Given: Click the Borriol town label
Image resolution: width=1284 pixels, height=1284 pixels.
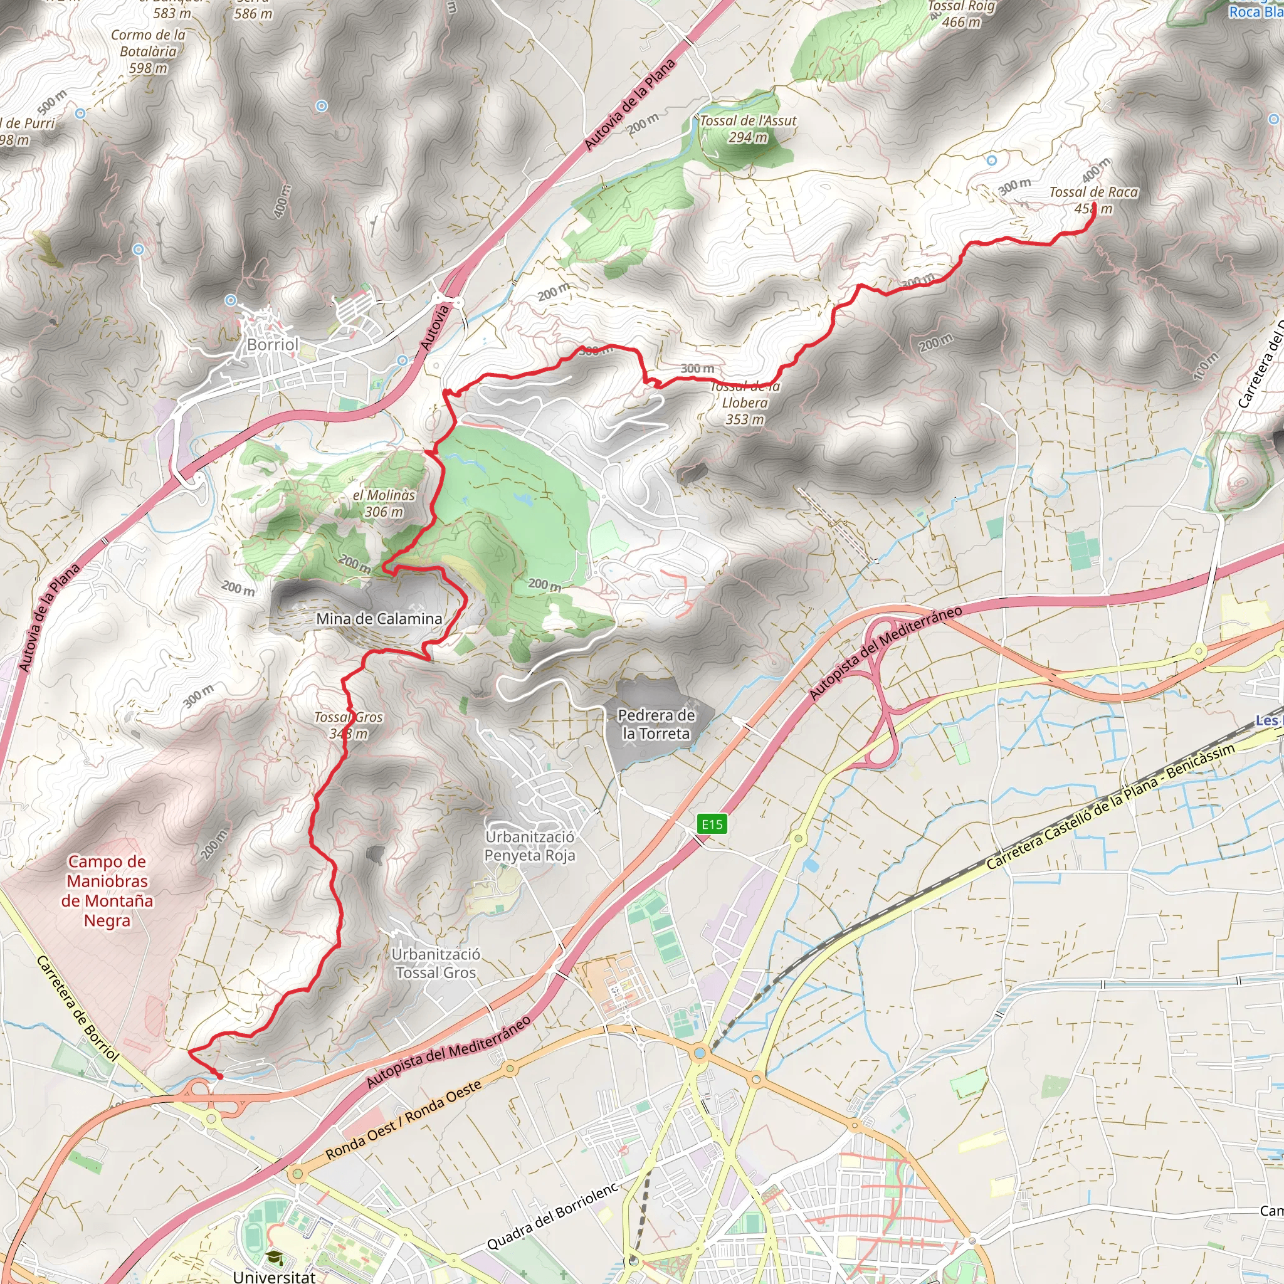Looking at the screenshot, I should [x=273, y=344].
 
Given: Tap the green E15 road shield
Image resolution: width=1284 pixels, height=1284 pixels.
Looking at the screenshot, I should [x=712, y=824].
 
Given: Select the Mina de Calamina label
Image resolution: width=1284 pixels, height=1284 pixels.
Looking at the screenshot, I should [x=379, y=619].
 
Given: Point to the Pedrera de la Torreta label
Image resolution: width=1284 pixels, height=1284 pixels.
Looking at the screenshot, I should [x=656, y=724].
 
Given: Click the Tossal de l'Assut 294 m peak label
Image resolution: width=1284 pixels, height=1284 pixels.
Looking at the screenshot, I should [x=748, y=129].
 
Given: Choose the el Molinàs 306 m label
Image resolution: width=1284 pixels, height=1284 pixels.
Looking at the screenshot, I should [x=384, y=503].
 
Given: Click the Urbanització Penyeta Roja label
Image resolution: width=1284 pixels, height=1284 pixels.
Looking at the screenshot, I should [x=529, y=846].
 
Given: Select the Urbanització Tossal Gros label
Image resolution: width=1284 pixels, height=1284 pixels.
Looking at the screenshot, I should [x=436, y=963].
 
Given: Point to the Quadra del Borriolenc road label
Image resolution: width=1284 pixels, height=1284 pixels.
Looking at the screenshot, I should [x=553, y=1216].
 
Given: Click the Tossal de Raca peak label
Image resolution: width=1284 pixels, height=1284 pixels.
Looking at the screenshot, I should [x=1093, y=200].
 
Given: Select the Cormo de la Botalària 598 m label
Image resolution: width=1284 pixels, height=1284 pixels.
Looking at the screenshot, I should [x=148, y=51].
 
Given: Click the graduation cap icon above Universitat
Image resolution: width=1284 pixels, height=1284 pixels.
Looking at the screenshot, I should [x=274, y=1258].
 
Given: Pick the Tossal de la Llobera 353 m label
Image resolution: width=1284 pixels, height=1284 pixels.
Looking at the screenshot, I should [x=745, y=403].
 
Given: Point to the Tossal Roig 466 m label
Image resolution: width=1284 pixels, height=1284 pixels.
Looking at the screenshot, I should [x=961, y=14].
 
